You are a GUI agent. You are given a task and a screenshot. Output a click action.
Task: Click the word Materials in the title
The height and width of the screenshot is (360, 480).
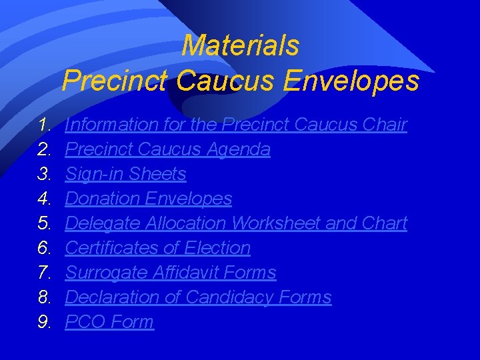coord(240,46)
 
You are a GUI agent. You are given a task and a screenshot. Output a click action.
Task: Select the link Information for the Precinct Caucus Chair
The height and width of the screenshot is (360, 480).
coord(236,125)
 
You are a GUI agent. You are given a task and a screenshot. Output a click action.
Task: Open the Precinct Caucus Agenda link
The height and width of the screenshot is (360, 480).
coord(167,149)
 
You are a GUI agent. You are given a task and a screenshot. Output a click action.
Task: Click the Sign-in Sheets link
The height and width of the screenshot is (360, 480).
coord(125,174)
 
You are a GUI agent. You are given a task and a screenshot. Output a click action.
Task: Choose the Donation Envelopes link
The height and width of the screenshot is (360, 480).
coord(149,199)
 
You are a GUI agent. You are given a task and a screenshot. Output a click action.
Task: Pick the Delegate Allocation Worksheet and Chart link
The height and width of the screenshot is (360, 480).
coord(236,223)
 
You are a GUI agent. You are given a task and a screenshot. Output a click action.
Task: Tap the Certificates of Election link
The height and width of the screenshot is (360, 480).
coord(158,248)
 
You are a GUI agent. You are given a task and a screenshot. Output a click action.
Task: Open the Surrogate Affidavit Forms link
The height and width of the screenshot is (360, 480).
coord(171,273)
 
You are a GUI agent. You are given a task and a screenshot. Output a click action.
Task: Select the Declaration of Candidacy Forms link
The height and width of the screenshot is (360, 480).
coord(198,297)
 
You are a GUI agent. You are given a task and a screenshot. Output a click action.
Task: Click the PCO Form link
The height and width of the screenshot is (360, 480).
coord(109,322)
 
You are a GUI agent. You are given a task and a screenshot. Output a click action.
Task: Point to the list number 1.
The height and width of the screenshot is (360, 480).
coord(45,125)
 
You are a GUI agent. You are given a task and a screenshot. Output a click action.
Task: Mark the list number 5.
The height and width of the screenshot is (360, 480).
coord(45,223)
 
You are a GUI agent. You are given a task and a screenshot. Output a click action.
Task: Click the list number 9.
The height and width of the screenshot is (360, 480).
coord(45,322)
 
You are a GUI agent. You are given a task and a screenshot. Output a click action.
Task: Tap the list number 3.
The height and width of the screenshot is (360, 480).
coord(45,174)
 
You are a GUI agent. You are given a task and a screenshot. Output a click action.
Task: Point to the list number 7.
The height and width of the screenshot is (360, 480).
coord(45,273)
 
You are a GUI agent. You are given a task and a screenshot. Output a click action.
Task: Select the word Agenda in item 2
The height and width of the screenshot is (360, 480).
coord(240,149)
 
